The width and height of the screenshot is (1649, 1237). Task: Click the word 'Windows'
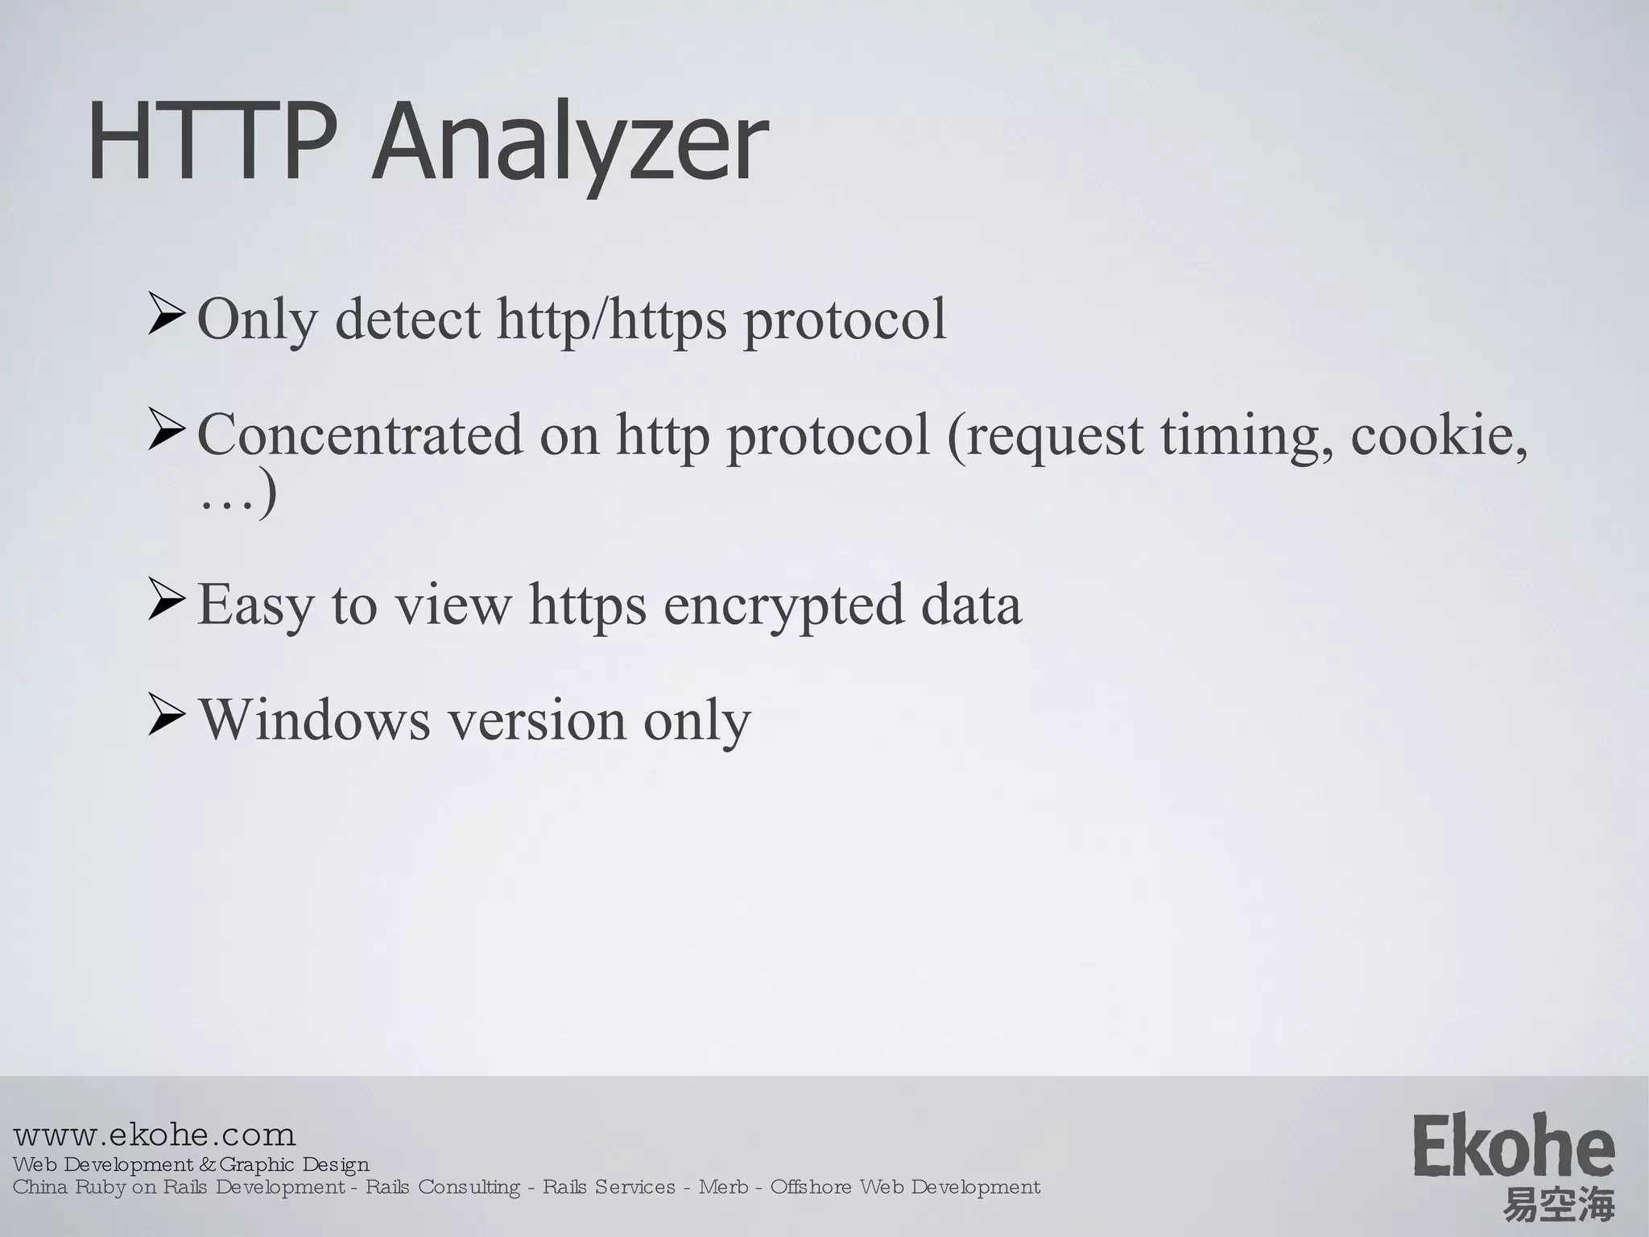coord(315,719)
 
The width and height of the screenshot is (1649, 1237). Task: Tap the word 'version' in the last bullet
coord(536,720)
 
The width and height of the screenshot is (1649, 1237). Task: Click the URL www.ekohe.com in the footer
coord(155,1135)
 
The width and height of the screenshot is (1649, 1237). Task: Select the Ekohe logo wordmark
coord(1514,1146)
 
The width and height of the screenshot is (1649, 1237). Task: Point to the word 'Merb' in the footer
coord(723,1187)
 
